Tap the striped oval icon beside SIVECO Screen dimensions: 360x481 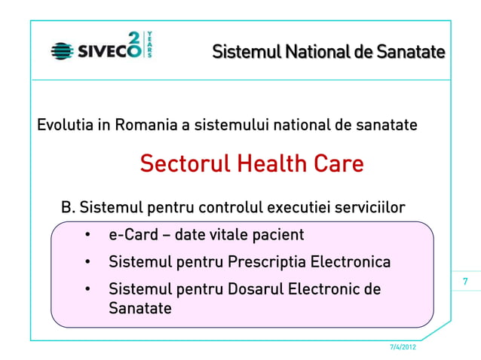pos(63,51)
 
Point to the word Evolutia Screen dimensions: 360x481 pos(65,124)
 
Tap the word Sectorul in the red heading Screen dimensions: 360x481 pos(182,163)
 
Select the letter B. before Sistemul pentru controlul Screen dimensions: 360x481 pos(68,207)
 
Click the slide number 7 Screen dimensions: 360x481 pos(465,282)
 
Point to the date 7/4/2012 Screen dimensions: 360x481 pos(400,347)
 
